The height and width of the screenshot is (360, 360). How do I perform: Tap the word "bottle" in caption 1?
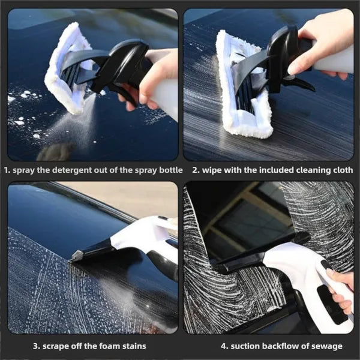167,170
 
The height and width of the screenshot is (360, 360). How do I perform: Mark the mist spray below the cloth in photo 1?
72,129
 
